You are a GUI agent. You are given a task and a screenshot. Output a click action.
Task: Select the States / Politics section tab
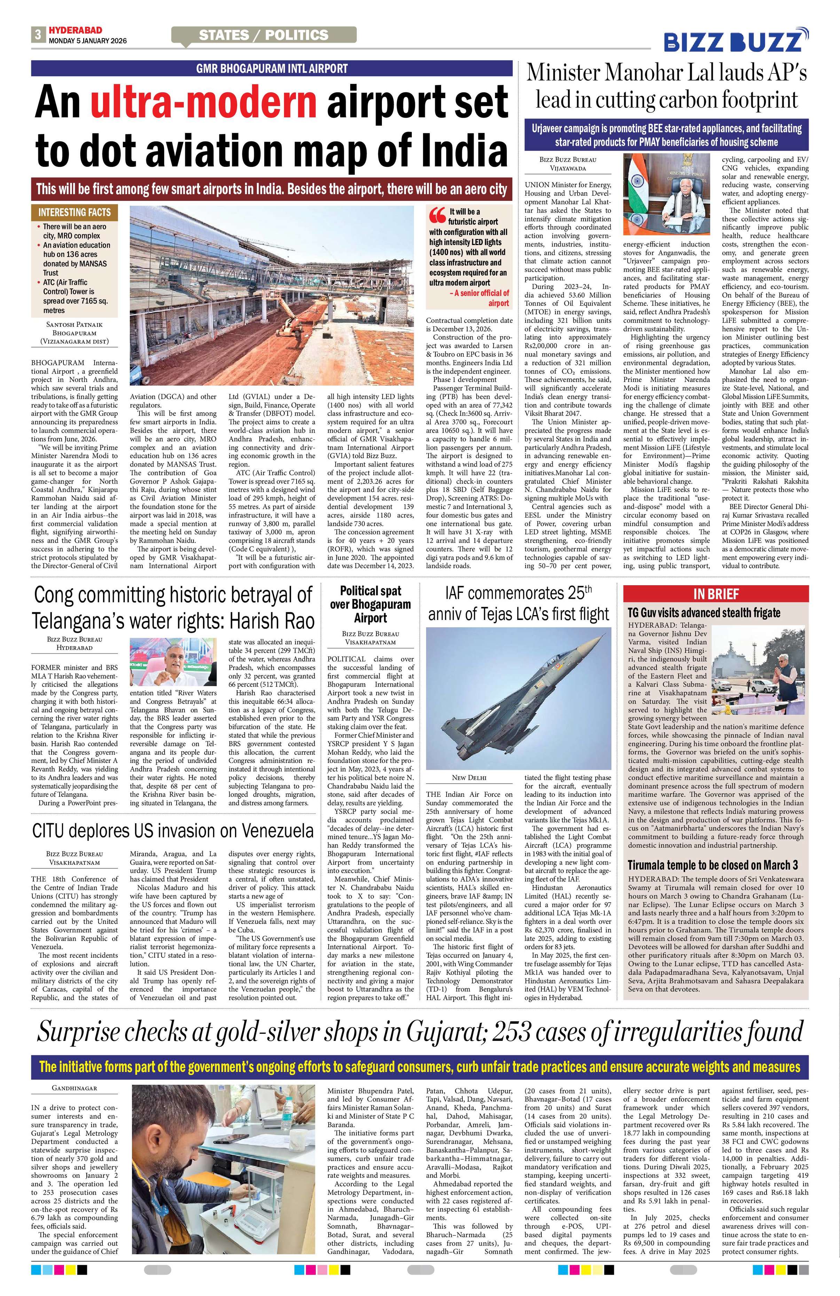264,36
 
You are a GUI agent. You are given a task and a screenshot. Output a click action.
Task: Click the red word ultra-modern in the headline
204,102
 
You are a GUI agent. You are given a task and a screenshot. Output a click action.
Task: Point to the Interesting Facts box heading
74,212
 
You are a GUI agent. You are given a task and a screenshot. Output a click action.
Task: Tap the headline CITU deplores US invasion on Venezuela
173,831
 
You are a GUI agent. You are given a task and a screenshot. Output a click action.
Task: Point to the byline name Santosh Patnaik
74,324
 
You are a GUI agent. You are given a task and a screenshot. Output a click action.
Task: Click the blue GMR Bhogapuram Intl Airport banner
272,69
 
